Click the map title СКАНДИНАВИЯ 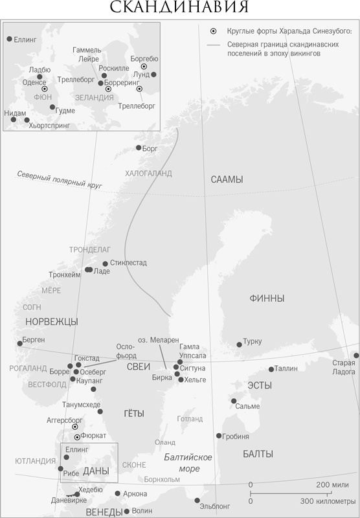pos(179,7)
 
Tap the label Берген pos(32,340)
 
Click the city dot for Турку pos(239,344)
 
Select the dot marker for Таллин pos(271,370)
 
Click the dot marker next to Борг pos(138,148)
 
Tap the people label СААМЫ pos(227,179)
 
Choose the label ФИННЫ pos(266,298)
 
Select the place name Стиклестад pos(128,263)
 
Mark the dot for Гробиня pos(219,436)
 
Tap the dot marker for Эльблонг pos(197,500)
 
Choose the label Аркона pos(135,494)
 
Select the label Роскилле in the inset pos(114,68)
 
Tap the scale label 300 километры pos(329,501)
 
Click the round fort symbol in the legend pos(213,31)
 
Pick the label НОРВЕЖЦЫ pos(51,321)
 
